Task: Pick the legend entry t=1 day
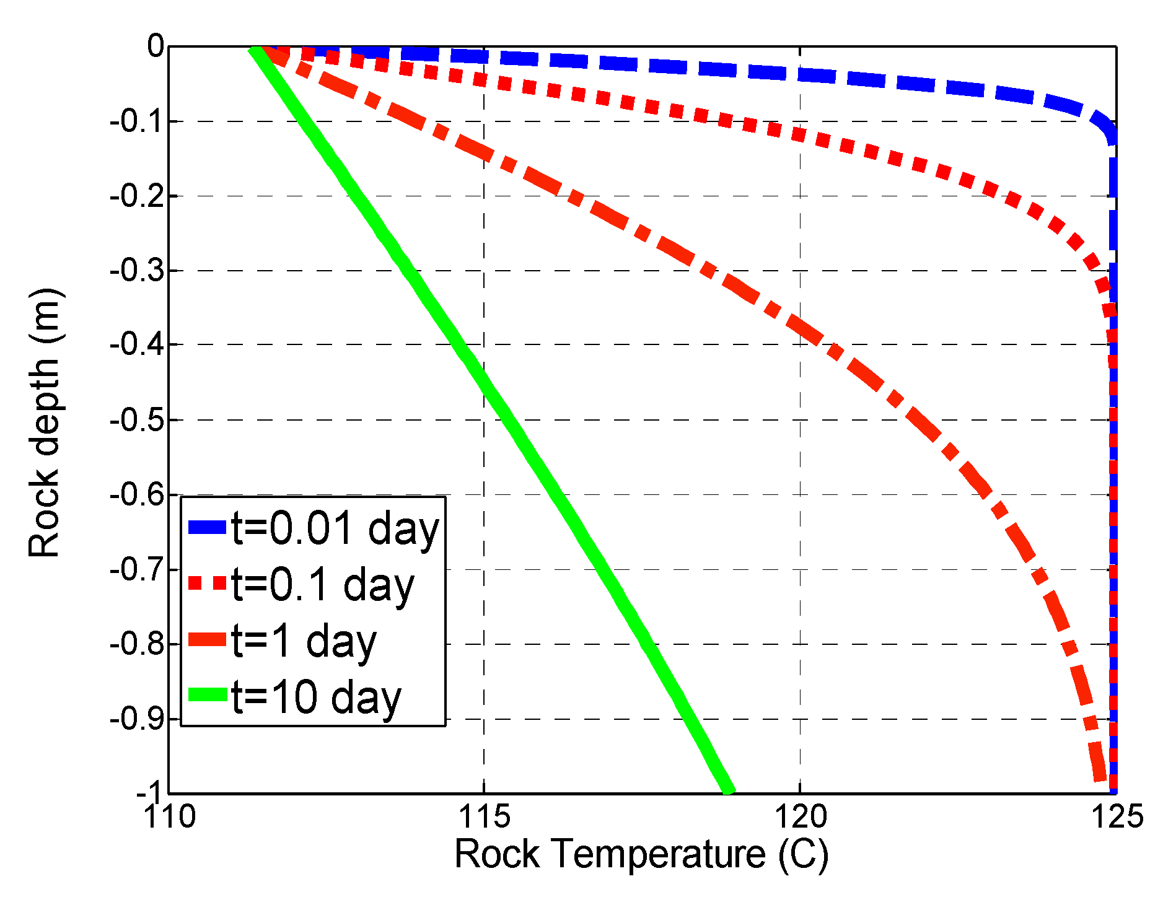point(304,641)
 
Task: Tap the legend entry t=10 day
point(316,698)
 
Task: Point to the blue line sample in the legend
point(208,527)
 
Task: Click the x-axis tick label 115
point(484,816)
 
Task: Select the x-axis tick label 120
point(800,816)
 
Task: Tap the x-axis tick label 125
point(1116,816)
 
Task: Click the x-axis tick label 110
point(169,816)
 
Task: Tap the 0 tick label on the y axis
point(156,46)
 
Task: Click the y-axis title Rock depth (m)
point(45,422)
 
